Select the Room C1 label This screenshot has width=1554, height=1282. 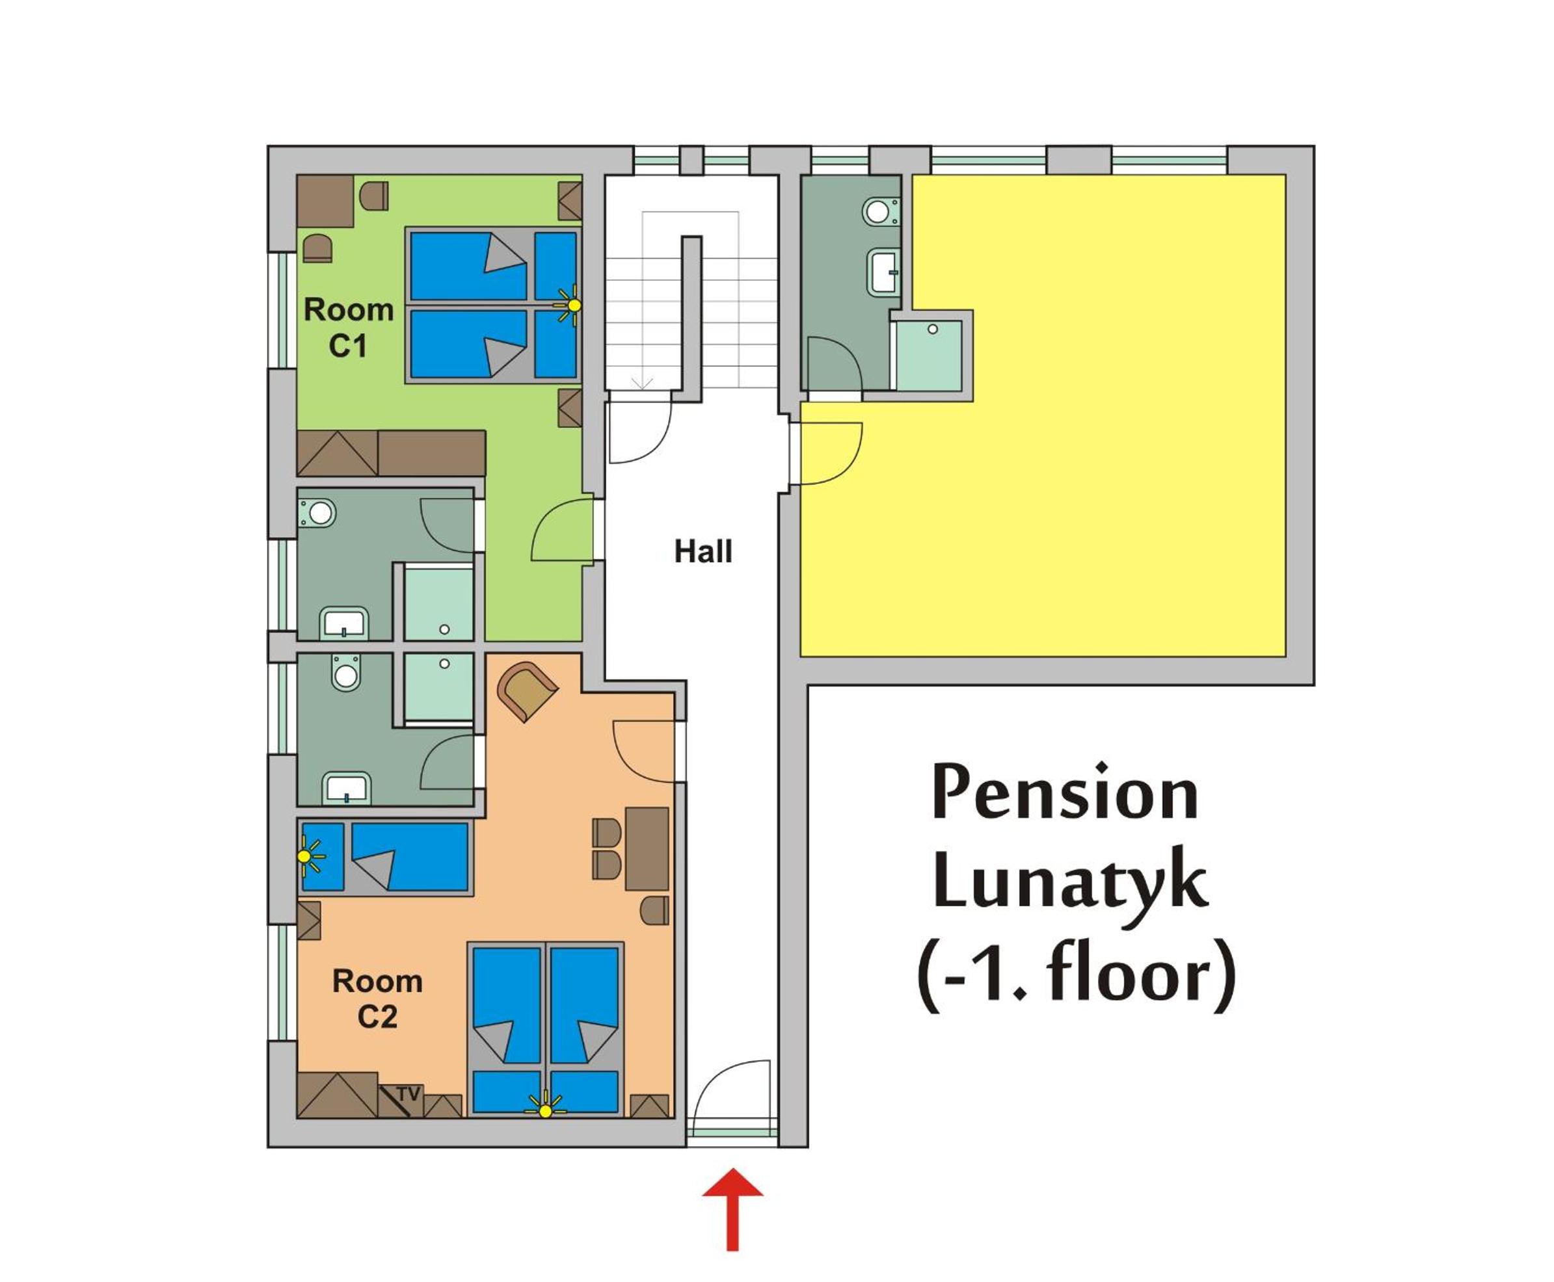pos(348,327)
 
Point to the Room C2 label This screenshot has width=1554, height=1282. pos(377,999)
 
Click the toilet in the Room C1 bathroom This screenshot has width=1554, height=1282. pos(317,512)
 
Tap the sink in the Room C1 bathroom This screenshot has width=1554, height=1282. pos(344,623)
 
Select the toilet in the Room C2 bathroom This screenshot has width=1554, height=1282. pos(346,672)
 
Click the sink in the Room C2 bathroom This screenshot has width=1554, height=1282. pos(347,788)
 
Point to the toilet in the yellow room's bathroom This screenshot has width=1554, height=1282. pos(881,212)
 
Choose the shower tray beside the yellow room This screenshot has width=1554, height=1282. pos(929,355)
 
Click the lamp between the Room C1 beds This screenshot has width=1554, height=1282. pos(570,305)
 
